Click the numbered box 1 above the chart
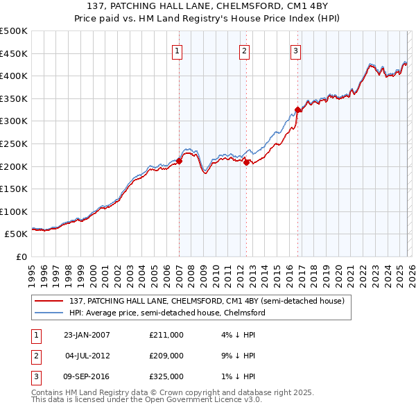177,50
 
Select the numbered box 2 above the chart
245,50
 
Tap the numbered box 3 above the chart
295,50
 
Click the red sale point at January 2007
179,161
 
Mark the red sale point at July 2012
246,162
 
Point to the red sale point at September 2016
297,110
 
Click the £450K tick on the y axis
14,53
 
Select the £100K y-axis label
14,211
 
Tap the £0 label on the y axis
21,256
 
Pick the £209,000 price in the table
166,356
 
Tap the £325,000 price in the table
166,376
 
